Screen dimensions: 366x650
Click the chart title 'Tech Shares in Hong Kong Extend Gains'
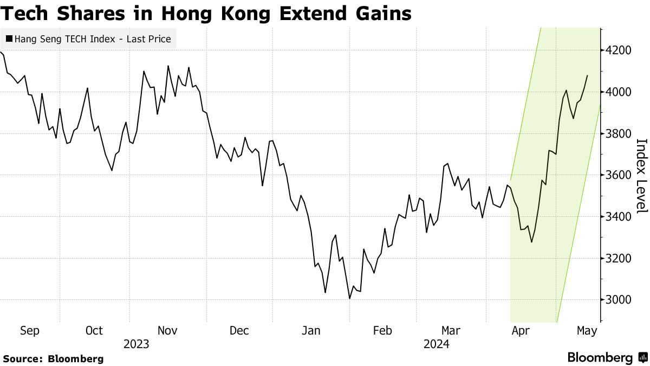(206, 13)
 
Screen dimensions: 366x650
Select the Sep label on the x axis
(29, 331)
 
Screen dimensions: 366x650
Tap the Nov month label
(168, 331)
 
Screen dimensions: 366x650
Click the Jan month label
(311, 331)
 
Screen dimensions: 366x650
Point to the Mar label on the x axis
(451, 331)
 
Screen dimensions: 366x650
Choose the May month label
(587, 331)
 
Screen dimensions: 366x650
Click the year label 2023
(136, 344)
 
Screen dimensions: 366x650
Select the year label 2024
(437, 344)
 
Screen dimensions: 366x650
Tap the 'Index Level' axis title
(641, 176)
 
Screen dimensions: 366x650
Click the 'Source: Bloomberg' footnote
(53, 358)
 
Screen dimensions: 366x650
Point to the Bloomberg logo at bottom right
(607, 358)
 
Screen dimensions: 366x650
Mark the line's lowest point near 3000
(350, 298)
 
